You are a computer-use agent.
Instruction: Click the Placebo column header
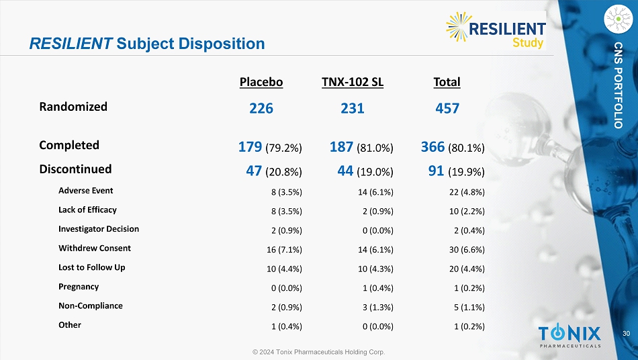[261, 83]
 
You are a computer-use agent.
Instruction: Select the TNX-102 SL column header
[353, 83]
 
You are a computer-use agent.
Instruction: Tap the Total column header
[447, 83]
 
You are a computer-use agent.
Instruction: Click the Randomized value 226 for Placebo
[261, 107]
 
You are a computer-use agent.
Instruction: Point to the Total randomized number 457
[447, 107]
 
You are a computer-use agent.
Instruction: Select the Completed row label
[69, 145]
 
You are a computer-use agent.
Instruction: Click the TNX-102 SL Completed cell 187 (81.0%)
[361, 146]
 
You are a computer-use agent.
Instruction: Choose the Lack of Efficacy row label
[87, 210]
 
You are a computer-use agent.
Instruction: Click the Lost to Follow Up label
[92, 267]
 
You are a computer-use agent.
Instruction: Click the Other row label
[70, 325]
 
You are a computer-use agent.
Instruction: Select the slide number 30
[626, 334]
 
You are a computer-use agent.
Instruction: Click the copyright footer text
[319, 352]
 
